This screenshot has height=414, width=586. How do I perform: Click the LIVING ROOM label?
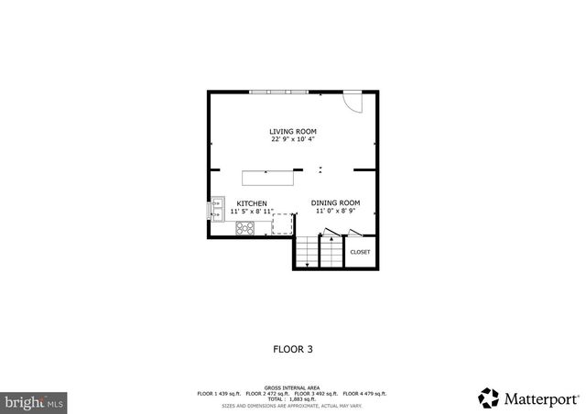pos(293,131)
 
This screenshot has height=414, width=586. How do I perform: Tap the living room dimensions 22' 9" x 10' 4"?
pos(293,140)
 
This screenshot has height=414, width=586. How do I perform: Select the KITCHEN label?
pos(252,202)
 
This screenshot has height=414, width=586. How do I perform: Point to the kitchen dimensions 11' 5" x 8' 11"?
pos(252,212)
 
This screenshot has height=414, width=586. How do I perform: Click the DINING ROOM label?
pos(335,202)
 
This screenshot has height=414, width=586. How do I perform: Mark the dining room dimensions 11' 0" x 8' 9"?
pos(335,212)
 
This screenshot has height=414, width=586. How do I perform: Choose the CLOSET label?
pos(360,252)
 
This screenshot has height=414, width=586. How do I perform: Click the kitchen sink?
pos(218,209)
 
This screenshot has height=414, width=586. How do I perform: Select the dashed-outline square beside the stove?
pos(282,225)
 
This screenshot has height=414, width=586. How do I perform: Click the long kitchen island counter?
pos(271,178)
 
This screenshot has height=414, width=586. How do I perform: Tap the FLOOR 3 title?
pos(293,348)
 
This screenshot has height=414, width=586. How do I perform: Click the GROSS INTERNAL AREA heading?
pos(293,387)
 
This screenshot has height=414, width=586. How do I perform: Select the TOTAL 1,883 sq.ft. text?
pos(293,398)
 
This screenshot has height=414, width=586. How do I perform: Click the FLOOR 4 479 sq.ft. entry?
pos(365,393)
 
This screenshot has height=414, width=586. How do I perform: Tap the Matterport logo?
pos(528,398)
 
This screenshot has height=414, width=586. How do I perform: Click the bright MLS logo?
pos(34,401)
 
